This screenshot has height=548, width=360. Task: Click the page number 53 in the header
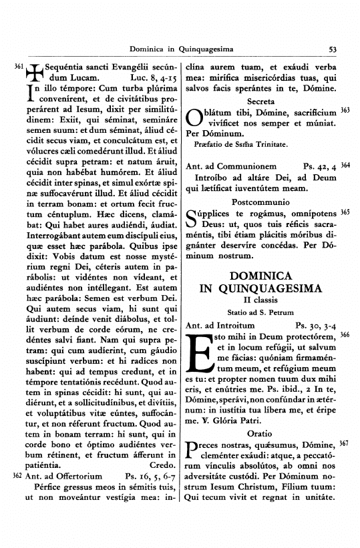pos(333,49)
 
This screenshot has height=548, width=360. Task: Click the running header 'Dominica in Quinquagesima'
pos(179,49)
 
